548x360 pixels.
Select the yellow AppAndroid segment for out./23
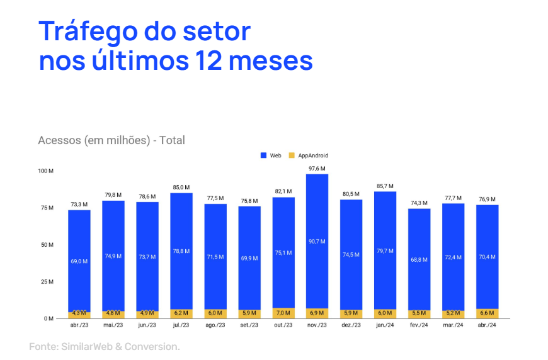(283, 313)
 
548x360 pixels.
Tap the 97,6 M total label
(317, 169)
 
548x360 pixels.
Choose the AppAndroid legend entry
(308, 155)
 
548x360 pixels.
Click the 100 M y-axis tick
(45, 171)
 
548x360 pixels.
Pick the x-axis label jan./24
(385, 325)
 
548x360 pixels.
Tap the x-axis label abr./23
(79, 325)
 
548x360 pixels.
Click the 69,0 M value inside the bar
(79, 261)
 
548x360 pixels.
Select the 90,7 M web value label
(317, 242)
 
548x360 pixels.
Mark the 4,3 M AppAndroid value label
(79, 313)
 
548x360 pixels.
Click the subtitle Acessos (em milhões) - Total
(111, 140)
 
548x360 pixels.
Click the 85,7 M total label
(385, 186)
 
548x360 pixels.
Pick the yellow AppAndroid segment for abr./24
(487, 313)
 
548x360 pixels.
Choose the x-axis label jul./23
(181, 325)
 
